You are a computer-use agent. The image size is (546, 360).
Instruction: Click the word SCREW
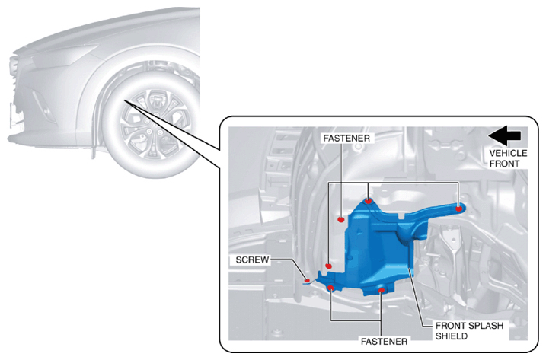[252, 260]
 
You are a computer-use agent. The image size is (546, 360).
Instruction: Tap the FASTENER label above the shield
[346, 139]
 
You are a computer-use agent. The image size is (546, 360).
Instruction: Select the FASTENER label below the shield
[384, 342]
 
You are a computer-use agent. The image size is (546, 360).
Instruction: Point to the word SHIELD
[452, 336]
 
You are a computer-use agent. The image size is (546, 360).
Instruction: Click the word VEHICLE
[508, 153]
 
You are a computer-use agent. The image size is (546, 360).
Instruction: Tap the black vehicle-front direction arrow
[505, 135]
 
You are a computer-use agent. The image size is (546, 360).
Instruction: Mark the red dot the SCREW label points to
[307, 280]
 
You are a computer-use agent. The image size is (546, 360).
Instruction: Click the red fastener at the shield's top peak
[368, 201]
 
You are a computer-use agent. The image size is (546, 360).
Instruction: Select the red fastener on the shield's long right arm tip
[459, 209]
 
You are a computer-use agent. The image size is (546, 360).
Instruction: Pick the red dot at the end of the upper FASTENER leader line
[341, 220]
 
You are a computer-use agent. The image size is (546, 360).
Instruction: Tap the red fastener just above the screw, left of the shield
[328, 266]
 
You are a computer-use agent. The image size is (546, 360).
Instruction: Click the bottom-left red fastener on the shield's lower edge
[330, 288]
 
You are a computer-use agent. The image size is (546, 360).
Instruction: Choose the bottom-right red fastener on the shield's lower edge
[382, 290]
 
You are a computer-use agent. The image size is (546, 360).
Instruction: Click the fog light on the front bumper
[43, 105]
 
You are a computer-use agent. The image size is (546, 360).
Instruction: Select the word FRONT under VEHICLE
[504, 164]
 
